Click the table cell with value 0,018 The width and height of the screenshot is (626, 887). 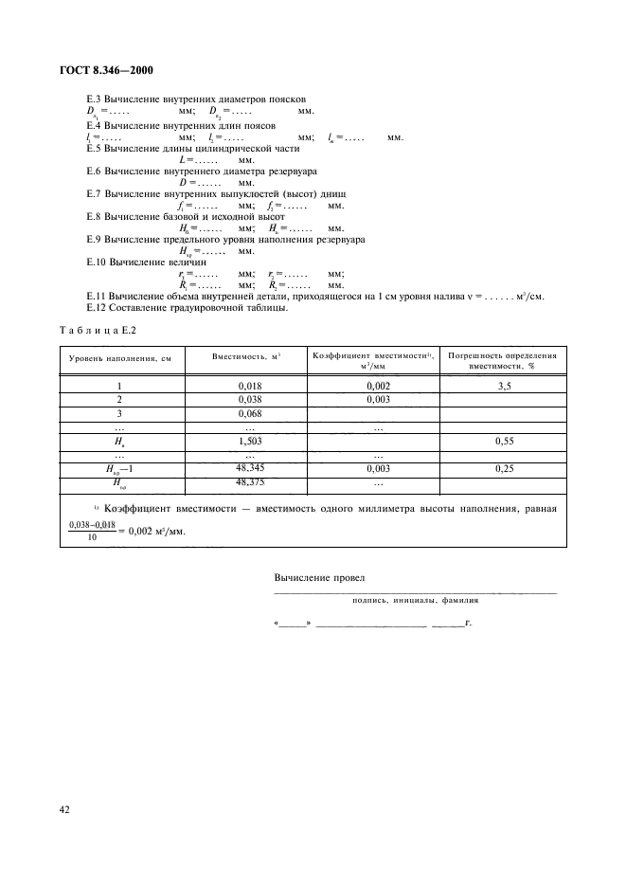coord(248,386)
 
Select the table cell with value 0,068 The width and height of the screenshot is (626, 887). coord(248,413)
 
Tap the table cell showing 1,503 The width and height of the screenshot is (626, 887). coord(248,441)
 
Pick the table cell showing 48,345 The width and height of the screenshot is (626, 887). coord(248,468)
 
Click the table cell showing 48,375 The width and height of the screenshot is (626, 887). coord(248,482)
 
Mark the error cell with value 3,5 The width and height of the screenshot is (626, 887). coord(503,386)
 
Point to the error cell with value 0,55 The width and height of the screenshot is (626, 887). coord(503,441)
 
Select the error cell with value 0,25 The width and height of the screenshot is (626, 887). coord(503,468)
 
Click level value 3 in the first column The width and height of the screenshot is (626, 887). coord(119,413)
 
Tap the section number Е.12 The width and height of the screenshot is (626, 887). coord(96,307)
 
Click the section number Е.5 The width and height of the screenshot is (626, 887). coord(94,149)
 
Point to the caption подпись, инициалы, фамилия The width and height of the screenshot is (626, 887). coord(415,600)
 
